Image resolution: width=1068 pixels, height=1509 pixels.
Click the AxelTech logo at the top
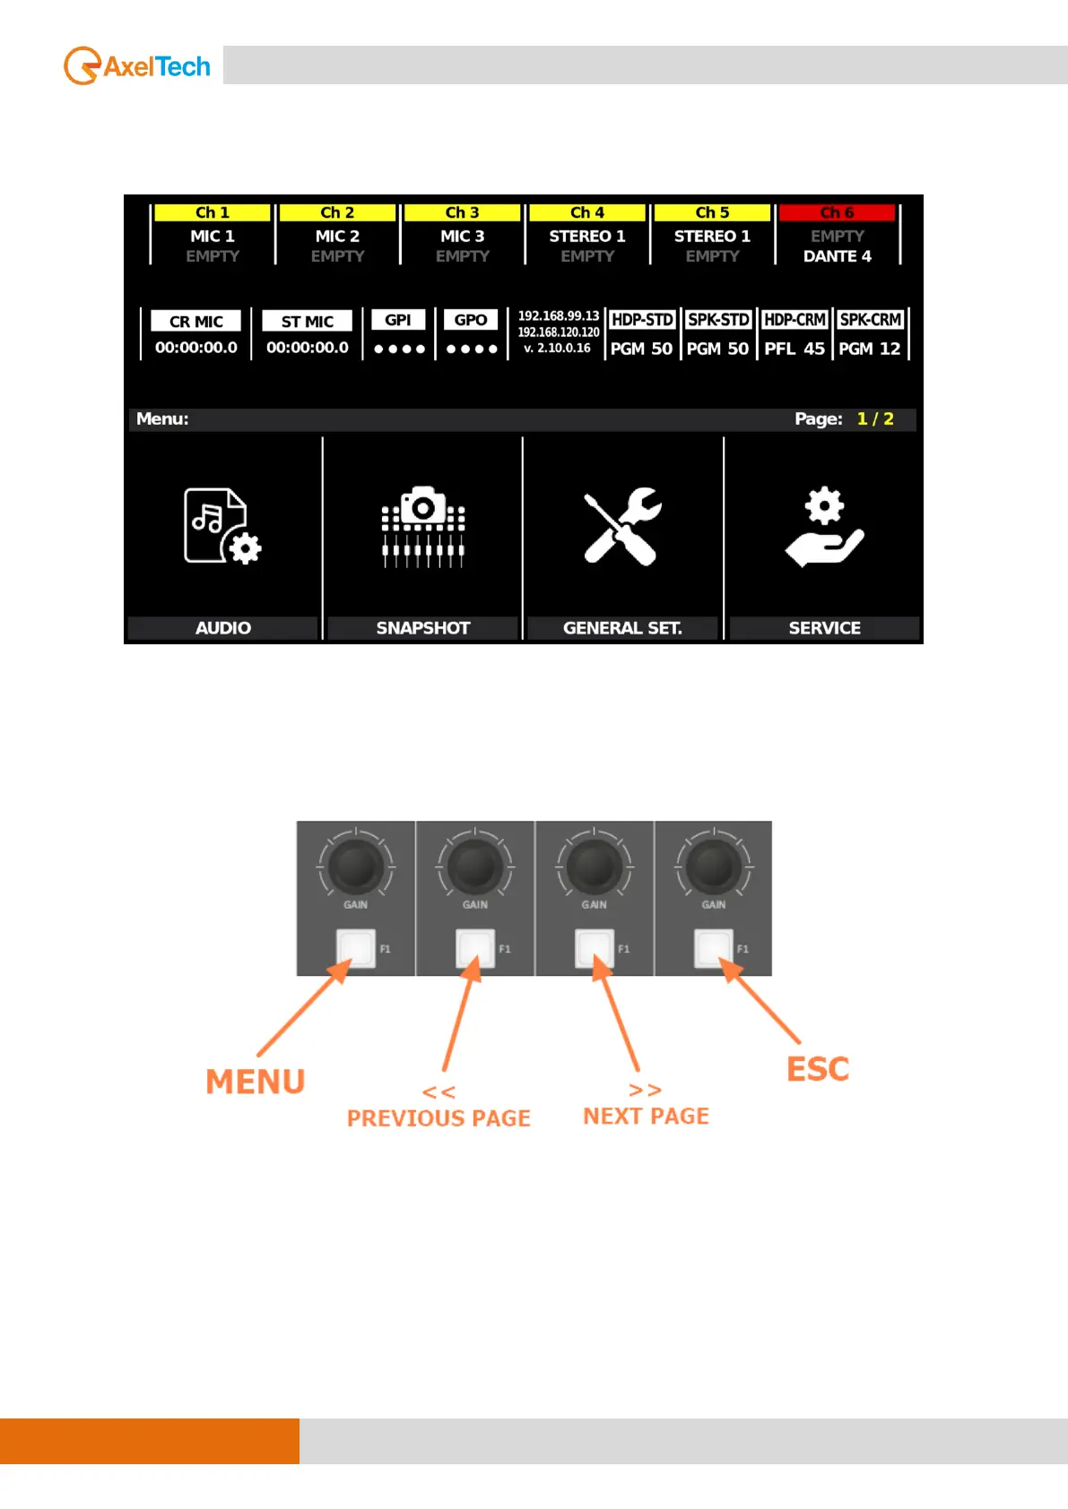coord(137,66)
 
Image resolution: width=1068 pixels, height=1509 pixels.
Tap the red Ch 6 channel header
coord(837,212)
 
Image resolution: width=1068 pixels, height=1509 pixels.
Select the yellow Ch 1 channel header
coord(213,212)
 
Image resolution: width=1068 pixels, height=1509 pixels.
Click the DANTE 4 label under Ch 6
coord(837,256)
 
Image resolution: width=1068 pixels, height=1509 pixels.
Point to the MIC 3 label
coord(462,236)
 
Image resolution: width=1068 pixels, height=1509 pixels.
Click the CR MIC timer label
coord(196,321)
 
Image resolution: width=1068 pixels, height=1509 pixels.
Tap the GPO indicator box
coord(471,320)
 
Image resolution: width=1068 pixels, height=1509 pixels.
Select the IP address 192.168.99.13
coord(558,315)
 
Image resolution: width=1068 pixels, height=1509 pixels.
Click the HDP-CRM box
coord(794,320)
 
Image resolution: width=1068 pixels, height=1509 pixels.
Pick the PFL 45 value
coord(794,349)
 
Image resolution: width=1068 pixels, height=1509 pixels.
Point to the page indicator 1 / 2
coord(875,418)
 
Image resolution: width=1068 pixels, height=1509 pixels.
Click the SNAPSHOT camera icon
coord(423,527)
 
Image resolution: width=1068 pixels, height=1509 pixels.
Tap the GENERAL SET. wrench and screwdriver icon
coord(622,527)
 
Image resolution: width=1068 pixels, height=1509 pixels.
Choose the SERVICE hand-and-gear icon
coord(824,527)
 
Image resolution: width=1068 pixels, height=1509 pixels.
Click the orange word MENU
coord(256,1082)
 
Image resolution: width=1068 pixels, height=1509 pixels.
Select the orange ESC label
coord(818,1069)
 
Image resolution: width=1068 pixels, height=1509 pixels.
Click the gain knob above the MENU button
coord(356,866)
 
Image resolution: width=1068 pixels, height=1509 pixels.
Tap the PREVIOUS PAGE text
coord(438,1118)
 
